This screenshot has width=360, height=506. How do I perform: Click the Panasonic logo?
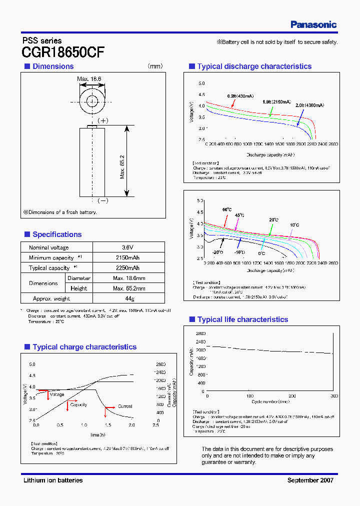[313, 24]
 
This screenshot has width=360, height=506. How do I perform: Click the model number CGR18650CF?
[63, 52]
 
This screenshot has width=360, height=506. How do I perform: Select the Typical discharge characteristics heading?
[254, 66]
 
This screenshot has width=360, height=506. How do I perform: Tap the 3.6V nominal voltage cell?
[128, 247]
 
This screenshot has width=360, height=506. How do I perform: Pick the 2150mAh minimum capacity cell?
[128, 257]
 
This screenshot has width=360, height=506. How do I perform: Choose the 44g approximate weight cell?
[128, 298]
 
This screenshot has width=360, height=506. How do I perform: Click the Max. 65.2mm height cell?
[128, 288]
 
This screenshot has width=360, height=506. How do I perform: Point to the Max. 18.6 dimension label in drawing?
[89, 79]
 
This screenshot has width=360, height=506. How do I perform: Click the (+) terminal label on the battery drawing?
[102, 120]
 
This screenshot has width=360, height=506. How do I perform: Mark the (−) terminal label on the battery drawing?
[102, 200]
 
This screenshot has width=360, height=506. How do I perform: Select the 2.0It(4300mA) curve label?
[309, 105]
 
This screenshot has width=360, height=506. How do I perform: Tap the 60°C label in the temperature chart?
[227, 209]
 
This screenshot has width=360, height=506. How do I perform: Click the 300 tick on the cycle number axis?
[333, 396]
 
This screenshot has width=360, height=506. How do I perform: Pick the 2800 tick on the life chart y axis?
[199, 333]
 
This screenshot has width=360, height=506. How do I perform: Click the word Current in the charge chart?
[125, 406]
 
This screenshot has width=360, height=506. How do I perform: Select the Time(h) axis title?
[97, 435]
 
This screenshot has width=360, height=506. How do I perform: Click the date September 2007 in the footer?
[310, 480]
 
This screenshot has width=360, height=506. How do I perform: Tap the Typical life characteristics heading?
[242, 319]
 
